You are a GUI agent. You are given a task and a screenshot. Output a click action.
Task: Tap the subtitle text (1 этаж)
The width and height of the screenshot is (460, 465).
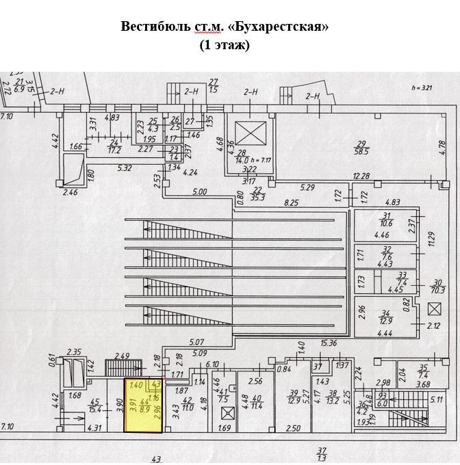(225, 45)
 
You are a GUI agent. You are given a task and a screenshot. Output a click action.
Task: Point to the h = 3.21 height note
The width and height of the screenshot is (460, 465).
(423, 88)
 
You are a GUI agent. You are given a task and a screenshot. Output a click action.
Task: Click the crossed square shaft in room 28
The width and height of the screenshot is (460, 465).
(244, 131)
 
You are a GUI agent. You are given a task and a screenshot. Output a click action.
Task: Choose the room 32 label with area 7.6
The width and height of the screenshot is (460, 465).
(387, 253)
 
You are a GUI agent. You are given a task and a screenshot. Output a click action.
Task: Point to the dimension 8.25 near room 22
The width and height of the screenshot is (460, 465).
(292, 203)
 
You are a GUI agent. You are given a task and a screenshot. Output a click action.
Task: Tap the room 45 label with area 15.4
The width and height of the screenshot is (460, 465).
(95, 406)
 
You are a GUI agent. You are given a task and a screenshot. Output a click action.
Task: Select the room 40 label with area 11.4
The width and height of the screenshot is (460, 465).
(257, 401)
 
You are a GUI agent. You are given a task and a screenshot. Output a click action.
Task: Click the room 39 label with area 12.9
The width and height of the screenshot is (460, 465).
(295, 397)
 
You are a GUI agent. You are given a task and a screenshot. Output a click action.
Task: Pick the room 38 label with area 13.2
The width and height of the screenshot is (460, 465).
(333, 397)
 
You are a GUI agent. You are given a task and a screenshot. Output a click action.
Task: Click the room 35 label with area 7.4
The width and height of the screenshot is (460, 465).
(422, 372)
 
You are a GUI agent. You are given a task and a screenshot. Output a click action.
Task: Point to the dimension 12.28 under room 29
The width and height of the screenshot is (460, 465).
(361, 177)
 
